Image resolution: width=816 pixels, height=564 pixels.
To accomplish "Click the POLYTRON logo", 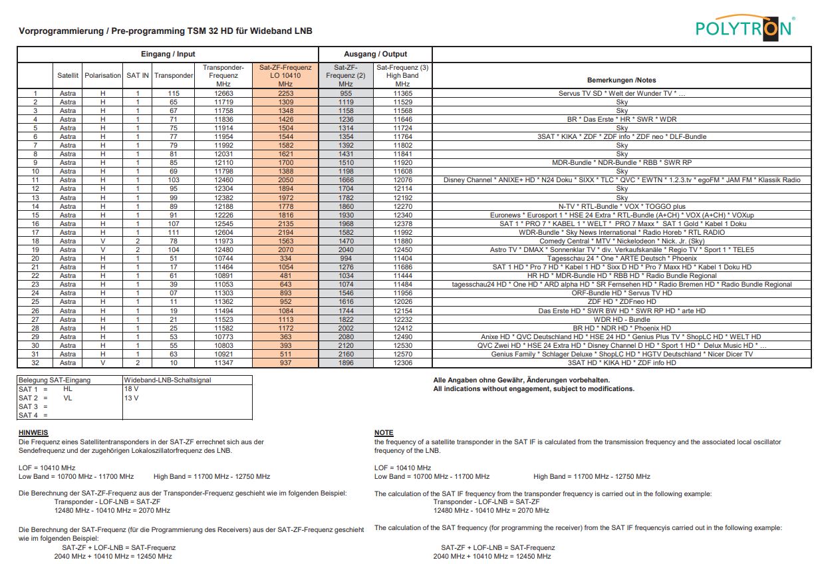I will pyautogui.click(x=744, y=27).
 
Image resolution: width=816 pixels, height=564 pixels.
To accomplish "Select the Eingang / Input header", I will pyautogui.click(x=168, y=54).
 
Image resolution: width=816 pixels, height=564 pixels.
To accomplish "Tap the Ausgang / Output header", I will pyautogui.click(x=375, y=54).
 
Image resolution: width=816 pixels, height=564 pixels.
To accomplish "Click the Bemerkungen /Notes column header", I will pyautogui.click(x=621, y=79).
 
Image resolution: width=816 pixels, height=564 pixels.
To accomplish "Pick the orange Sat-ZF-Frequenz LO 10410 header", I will pyautogui.click(x=285, y=76).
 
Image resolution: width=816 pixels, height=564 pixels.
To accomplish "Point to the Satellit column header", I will pyautogui.click(x=68, y=76).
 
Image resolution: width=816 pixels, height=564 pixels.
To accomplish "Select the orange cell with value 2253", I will pyautogui.click(x=285, y=94).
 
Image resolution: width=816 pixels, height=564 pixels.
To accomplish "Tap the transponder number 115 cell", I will pyautogui.click(x=174, y=94).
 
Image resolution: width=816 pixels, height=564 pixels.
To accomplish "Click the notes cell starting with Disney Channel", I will pyautogui.click(x=621, y=180).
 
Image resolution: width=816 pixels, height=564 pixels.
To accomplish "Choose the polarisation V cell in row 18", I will pyautogui.click(x=103, y=241).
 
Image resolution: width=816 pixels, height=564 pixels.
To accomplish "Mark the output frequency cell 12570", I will pyautogui.click(x=402, y=354).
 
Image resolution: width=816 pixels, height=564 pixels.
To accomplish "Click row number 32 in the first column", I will pyautogui.click(x=35, y=363).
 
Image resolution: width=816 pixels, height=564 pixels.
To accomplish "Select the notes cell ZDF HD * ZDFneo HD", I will pyautogui.click(x=621, y=302).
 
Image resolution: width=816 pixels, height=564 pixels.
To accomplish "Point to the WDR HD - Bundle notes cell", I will pyautogui.click(x=621, y=319).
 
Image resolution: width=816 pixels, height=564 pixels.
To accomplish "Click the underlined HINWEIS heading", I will pyautogui.click(x=33, y=433).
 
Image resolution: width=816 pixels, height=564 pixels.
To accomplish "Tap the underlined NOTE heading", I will pyautogui.click(x=384, y=433).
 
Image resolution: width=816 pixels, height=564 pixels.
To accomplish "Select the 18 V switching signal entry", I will pyautogui.click(x=131, y=389).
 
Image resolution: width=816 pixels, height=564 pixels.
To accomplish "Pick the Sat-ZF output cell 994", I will pyautogui.click(x=345, y=259).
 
